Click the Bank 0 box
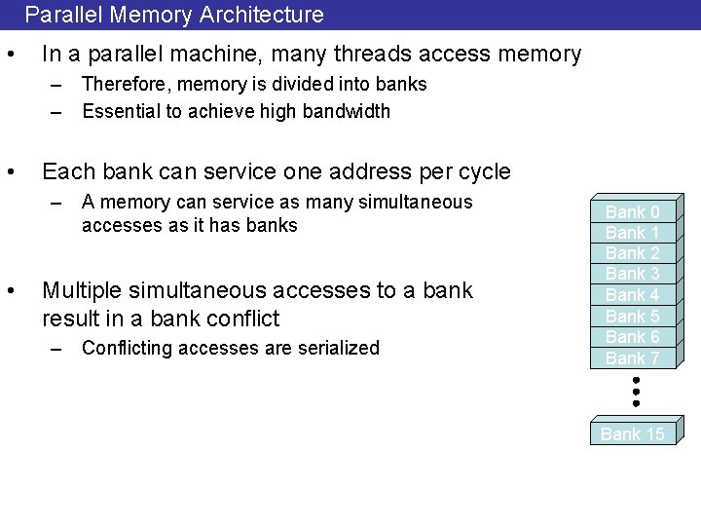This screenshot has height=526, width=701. coord(633,212)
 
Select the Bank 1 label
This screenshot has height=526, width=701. coord(633,233)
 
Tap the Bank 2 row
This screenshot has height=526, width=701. coord(633,253)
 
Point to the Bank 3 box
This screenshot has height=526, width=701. coord(633,274)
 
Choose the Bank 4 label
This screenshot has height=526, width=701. coord(633,295)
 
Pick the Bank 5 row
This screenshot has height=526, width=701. coord(633,317)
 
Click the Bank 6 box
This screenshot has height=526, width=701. coord(633,337)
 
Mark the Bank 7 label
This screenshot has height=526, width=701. coord(633,358)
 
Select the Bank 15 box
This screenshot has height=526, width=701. coord(633,434)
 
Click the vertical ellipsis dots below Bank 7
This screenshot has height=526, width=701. coord(635,391)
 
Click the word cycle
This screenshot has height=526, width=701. coord(479,172)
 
